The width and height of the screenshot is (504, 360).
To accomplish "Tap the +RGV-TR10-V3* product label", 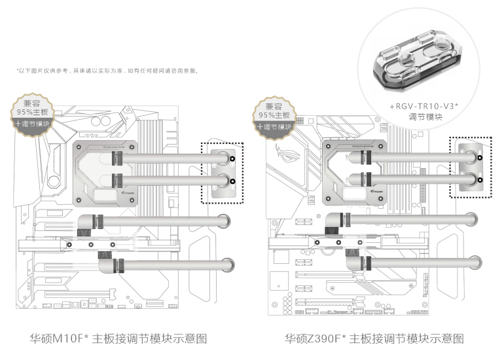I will point(426,105).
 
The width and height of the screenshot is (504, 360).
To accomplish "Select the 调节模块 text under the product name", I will point(426,117).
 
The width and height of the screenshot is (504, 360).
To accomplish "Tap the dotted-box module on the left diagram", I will point(221,173).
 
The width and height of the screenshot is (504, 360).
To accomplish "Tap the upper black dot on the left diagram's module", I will point(233,158).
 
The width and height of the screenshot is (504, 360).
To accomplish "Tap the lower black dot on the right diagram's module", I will point(479,180).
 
